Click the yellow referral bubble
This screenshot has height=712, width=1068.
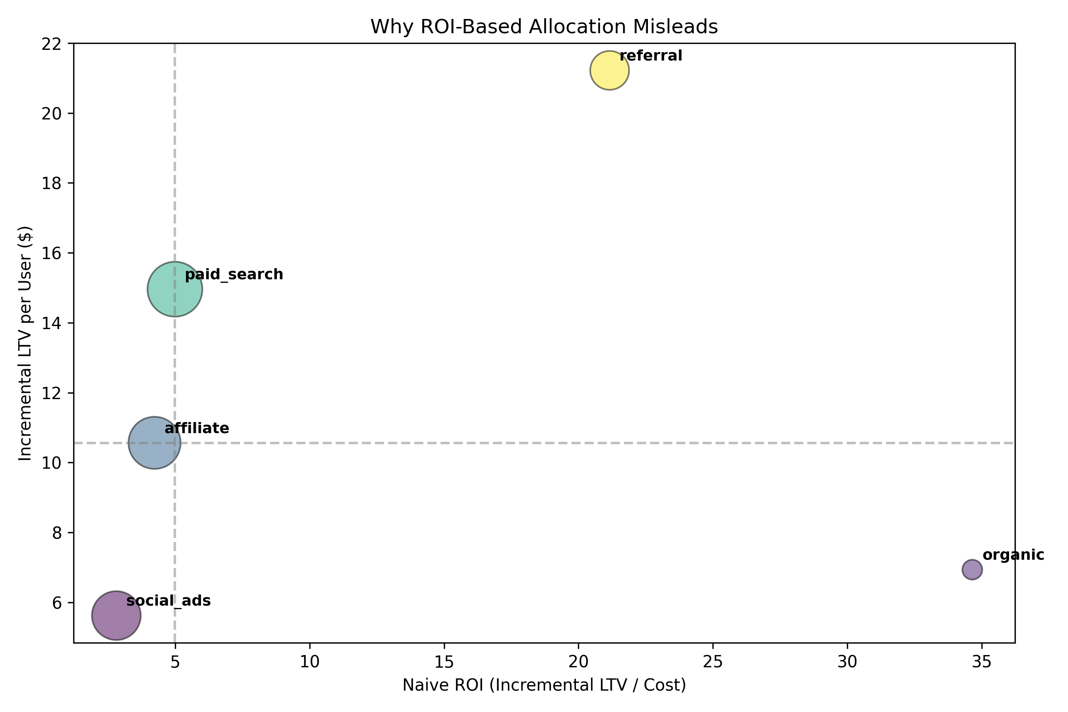click(x=610, y=70)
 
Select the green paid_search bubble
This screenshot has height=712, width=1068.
click(x=175, y=289)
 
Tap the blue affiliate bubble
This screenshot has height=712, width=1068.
click(x=154, y=443)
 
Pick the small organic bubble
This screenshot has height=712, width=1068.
click(x=972, y=570)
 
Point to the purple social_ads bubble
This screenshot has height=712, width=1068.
click(x=116, y=616)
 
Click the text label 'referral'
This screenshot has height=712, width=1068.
click(x=651, y=56)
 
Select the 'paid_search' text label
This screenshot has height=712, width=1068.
click(x=234, y=275)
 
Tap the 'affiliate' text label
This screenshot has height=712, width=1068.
click(x=197, y=428)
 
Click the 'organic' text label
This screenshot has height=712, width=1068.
click(x=1013, y=555)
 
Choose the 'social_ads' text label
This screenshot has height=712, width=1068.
click(x=169, y=601)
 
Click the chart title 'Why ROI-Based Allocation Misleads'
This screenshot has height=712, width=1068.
click(x=544, y=27)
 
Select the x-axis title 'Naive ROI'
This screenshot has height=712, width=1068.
click(x=544, y=685)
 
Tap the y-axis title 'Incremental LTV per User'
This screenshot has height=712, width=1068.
click(x=25, y=343)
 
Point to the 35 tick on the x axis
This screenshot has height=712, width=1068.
click(x=982, y=663)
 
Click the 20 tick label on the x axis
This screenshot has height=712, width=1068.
click(x=578, y=663)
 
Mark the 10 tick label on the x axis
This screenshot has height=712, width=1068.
click(x=310, y=663)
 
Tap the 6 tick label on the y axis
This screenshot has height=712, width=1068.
click(x=56, y=603)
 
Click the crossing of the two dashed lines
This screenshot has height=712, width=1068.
click(x=175, y=443)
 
